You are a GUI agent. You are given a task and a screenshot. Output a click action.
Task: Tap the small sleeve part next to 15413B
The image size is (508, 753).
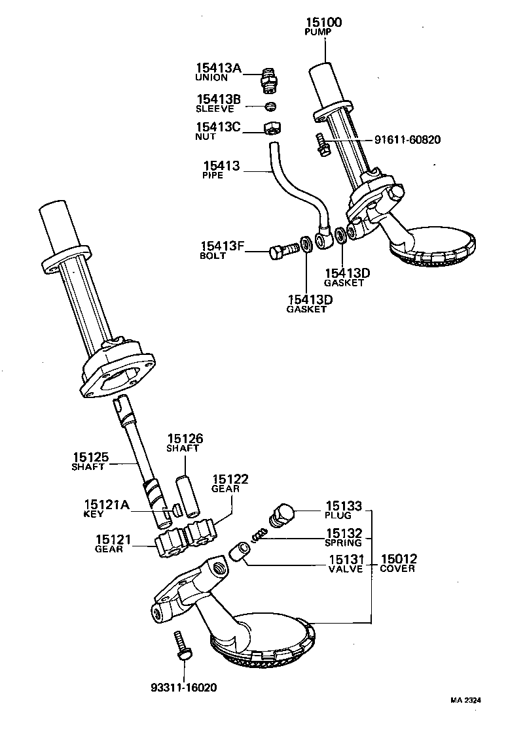270,106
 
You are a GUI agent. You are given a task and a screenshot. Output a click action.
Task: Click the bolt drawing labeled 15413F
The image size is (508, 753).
283,250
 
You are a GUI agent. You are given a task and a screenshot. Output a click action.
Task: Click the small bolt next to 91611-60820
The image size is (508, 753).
321,144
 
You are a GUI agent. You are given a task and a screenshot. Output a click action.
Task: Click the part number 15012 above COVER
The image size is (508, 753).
399,559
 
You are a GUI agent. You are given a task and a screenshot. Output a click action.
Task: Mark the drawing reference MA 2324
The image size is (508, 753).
465,699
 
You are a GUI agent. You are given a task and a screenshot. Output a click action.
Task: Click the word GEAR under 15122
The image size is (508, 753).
225,489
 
